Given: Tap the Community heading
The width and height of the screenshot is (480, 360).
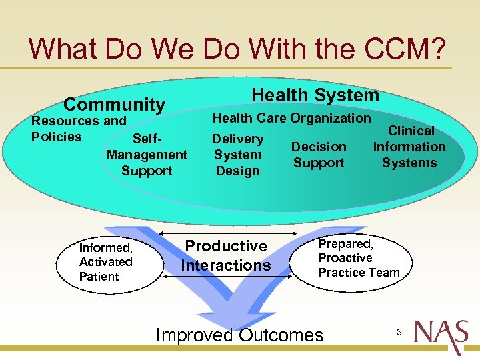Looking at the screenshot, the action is [x=114, y=105].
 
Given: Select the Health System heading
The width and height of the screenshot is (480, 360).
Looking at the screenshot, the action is [x=315, y=95].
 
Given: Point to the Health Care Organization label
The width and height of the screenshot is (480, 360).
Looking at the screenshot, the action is [x=291, y=118].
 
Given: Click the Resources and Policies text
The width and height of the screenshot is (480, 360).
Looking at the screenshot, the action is [x=78, y=129].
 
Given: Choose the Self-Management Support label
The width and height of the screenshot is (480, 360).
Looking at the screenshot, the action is [x=147, y=155].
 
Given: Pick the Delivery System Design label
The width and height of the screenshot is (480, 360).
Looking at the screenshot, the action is [x=237, y=155].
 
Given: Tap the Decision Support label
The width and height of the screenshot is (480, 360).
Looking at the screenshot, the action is [x=319, y=155].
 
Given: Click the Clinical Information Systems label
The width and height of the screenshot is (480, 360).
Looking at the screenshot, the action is [x=409, y=147].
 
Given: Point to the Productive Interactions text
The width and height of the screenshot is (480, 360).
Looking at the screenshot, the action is [x=226, y=255].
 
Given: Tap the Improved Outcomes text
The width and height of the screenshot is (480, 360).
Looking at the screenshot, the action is [x=239, y=335].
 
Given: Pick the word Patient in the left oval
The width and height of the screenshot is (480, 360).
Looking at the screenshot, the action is [x=99, y=277].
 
